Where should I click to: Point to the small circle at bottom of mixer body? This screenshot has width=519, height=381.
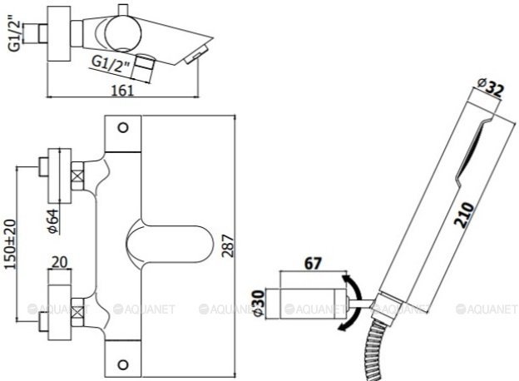tap(124, 363)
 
